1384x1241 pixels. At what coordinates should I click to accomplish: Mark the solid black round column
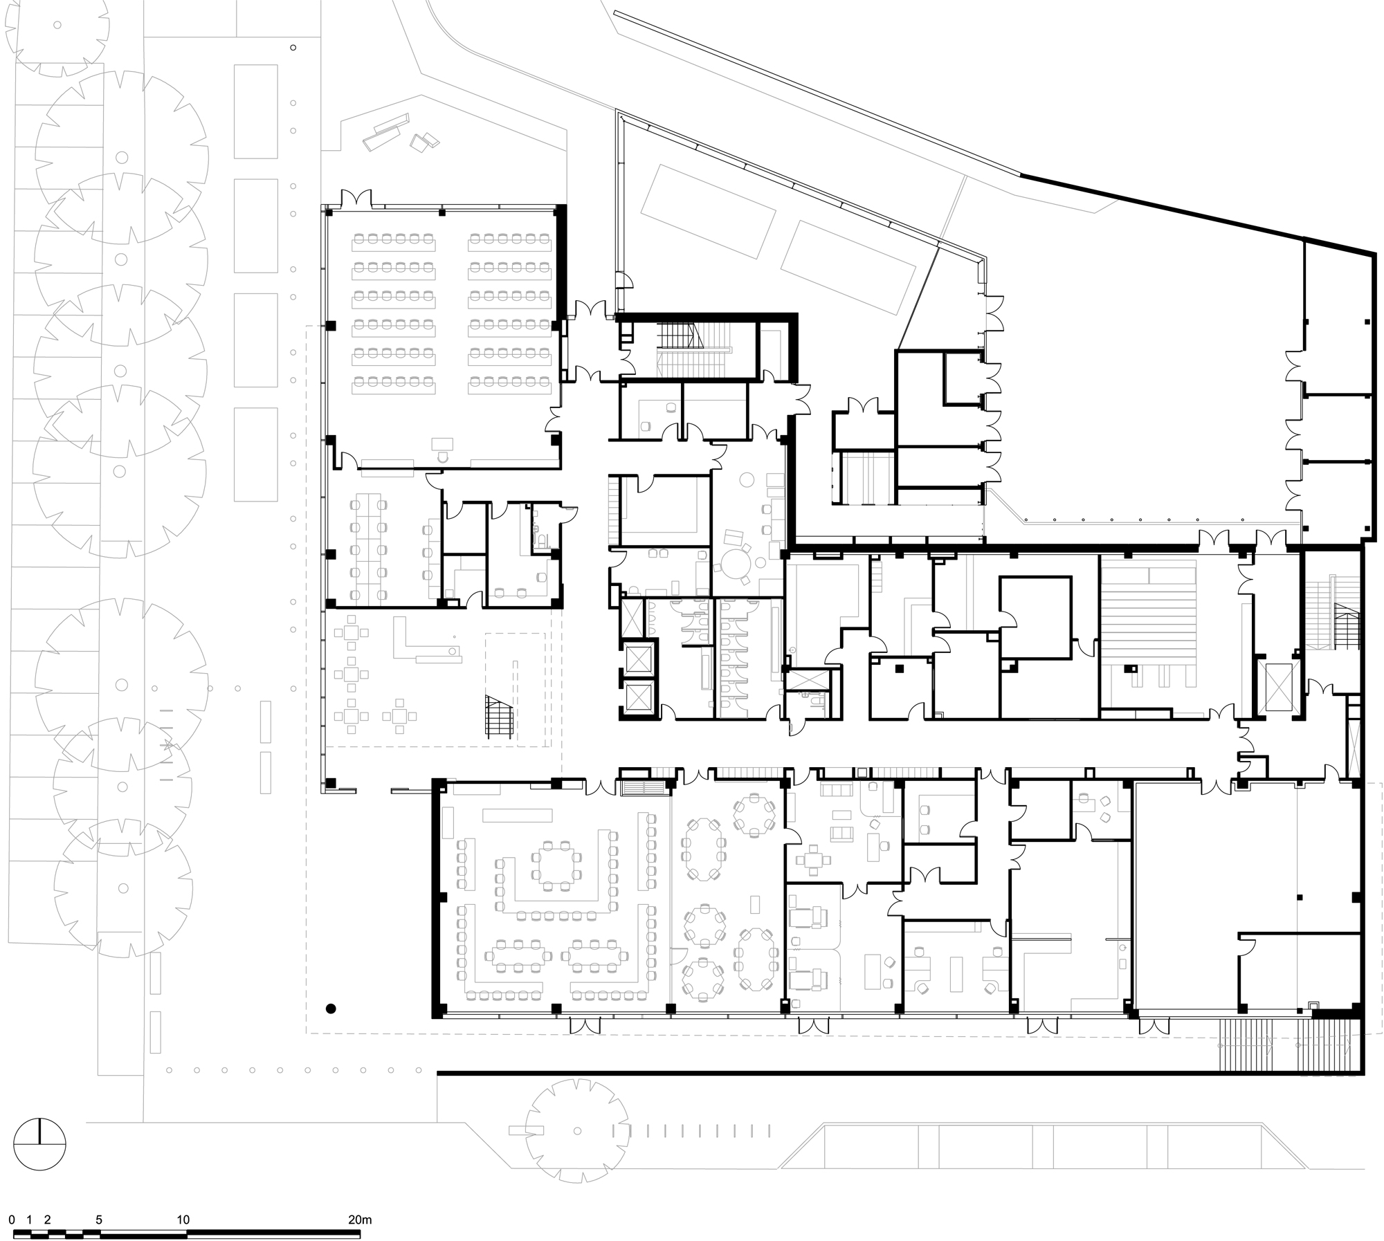tap(331, 1009)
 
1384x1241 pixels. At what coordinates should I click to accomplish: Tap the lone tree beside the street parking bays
tap(577, 1132)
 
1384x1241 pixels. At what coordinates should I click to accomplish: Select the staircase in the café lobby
tap(500, 717)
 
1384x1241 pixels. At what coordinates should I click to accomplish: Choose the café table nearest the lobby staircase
tap(399, 716)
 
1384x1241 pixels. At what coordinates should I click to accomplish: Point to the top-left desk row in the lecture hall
tap(394, 241)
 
